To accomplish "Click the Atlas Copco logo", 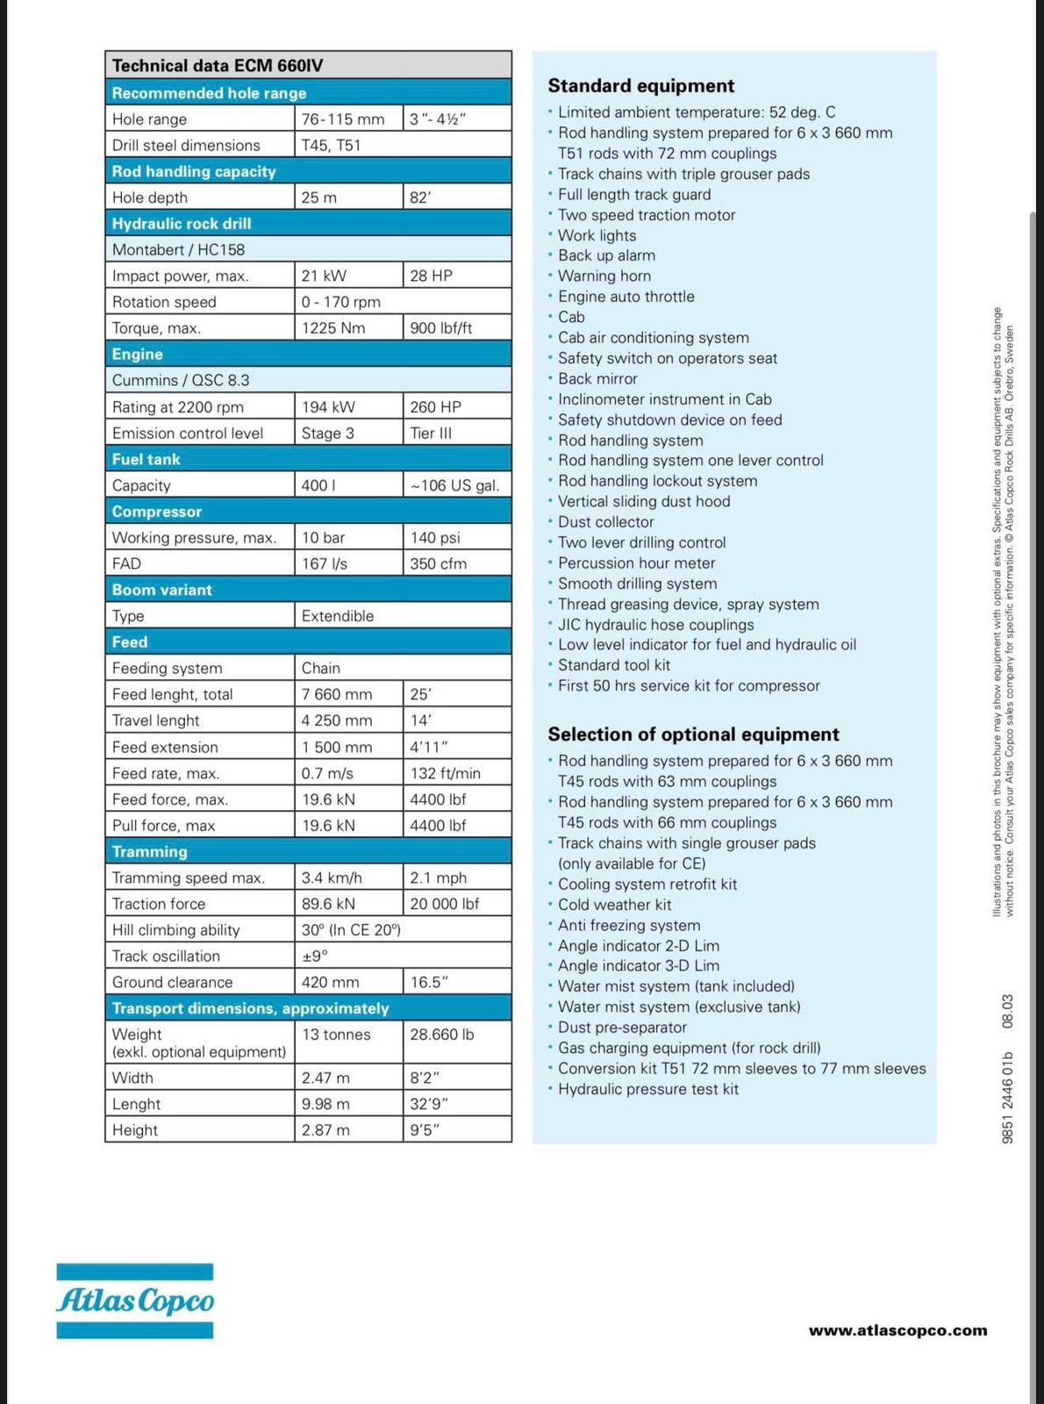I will [135, 1300].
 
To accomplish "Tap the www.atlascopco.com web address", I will [897, 1330].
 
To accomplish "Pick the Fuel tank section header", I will [146, 459].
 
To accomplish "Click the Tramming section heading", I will [149, 851].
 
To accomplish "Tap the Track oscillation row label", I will [166, 956].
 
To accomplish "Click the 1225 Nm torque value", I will [333, 328].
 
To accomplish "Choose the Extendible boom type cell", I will [338, 616].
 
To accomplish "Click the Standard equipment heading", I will [641, 86].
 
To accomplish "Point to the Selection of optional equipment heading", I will [693, 734].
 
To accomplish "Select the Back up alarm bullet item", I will [606, 255].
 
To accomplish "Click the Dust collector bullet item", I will [605, 522].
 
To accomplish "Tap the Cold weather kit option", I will [614, 905].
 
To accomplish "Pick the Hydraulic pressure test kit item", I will [647, 1089].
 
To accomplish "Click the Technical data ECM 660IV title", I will [218, 66].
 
